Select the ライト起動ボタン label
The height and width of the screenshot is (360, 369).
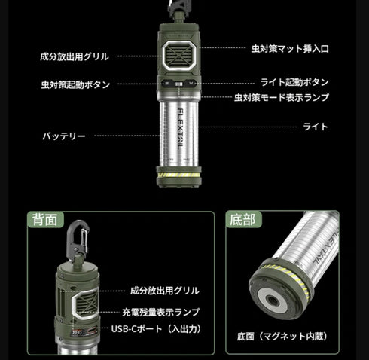[294, 82]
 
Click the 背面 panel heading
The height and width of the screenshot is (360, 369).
[43, 220]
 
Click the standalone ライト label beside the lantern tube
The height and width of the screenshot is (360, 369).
[316, 127]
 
